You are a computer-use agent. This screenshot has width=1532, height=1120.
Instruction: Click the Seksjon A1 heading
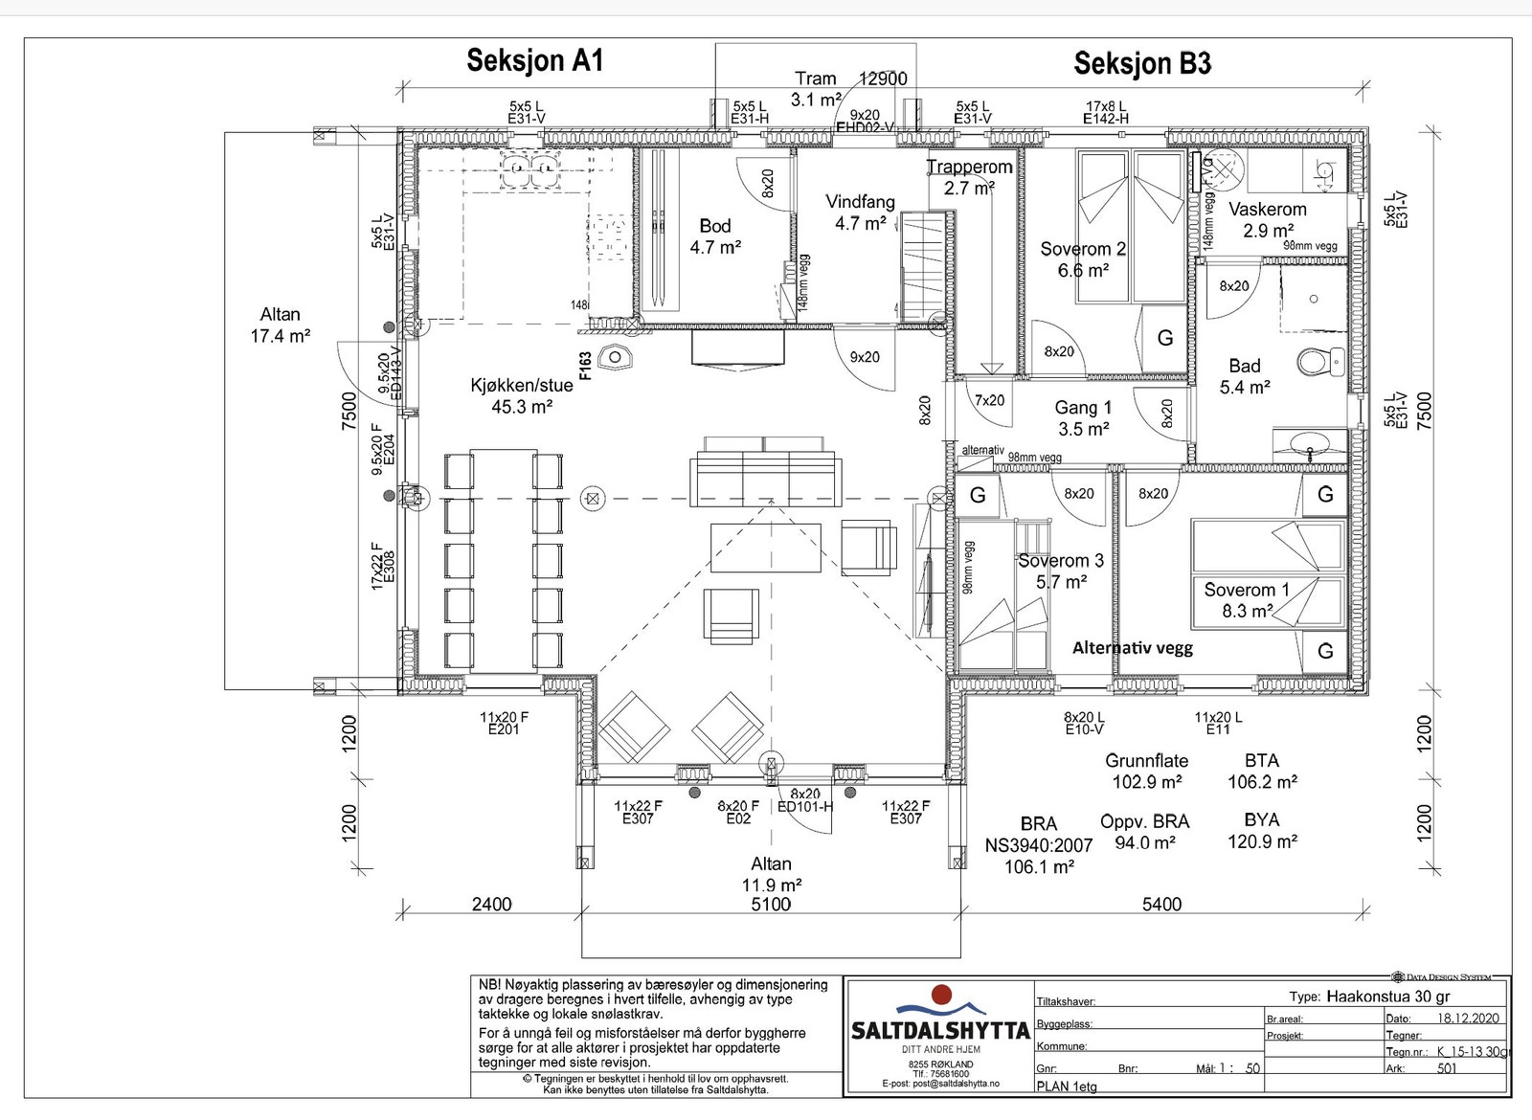[534, 60]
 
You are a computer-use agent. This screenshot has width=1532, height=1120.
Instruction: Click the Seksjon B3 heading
[1142, 64]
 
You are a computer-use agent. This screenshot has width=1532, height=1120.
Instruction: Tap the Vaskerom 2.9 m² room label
[1267, 219]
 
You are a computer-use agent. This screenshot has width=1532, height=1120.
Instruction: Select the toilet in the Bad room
[1320, 362]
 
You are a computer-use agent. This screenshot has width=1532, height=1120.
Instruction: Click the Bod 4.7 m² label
[714, 236]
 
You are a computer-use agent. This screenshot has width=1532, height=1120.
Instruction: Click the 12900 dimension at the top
[882, 78]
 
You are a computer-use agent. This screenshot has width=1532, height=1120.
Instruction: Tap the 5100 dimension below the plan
[771, 904]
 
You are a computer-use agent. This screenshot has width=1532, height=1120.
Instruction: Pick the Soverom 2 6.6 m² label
[1082, 259]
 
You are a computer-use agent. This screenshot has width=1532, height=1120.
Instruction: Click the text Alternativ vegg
[1132, 648]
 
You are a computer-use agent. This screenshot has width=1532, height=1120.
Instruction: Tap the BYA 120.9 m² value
[1262, 831]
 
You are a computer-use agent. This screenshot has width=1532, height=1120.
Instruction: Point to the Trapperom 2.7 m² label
[969, 177]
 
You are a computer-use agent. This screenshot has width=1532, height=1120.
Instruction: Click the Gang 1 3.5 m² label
[1083, 418]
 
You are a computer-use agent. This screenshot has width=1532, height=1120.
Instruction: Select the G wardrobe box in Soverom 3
[978, 495]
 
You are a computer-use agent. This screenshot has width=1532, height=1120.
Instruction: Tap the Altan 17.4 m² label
[280, 325]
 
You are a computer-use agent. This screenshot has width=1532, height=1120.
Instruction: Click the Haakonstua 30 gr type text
[1387, 996]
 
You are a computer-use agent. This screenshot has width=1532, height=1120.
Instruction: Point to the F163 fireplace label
[585, 365]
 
